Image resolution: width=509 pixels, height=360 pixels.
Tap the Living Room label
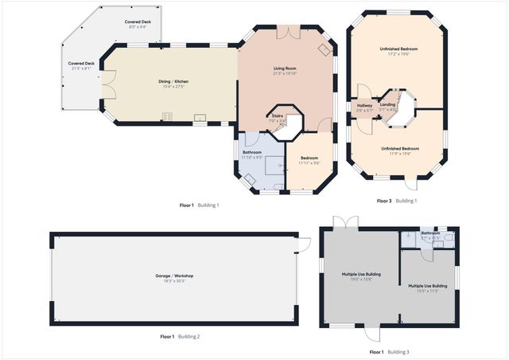(x=285, y=69)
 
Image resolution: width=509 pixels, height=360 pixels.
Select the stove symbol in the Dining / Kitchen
(x=168, y=118)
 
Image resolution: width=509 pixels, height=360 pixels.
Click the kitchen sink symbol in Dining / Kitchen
(x=200, y=119)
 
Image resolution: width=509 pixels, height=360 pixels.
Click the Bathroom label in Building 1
(x=252, y=153)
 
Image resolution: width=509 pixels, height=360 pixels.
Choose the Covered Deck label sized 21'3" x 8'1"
(x=81, y=65)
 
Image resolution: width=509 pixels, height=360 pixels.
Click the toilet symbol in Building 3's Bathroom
(x=449, y=237)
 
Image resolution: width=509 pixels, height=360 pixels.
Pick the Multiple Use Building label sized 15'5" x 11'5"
(x=427, y=288)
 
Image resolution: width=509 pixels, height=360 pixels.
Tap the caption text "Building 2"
(x=188, y=337)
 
